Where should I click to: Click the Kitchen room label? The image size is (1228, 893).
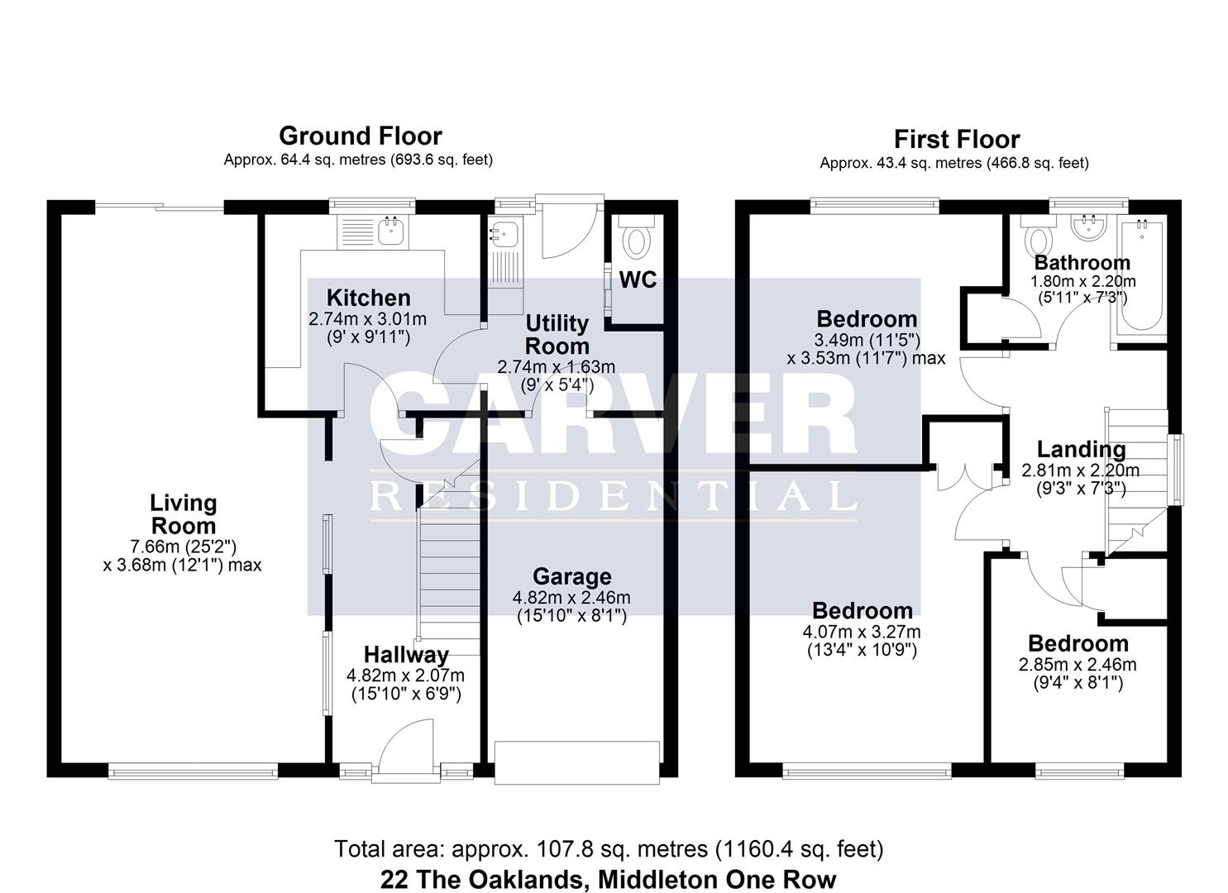[x=368, y=298]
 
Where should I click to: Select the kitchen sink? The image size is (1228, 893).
[x=389, y=231]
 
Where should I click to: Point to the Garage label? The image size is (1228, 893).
[x=571, y=577]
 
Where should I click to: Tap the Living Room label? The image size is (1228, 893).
[x=183, y=514]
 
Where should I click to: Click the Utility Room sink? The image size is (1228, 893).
[x=504, y=233]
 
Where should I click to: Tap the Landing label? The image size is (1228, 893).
[x=1081, y=450]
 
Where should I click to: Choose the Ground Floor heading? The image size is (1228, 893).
[x=360, y=136]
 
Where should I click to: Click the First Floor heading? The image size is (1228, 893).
[x=956, y=139]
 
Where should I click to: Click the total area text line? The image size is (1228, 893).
[x=608, y=849]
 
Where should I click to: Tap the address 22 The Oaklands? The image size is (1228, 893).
[x=608, y=879]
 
